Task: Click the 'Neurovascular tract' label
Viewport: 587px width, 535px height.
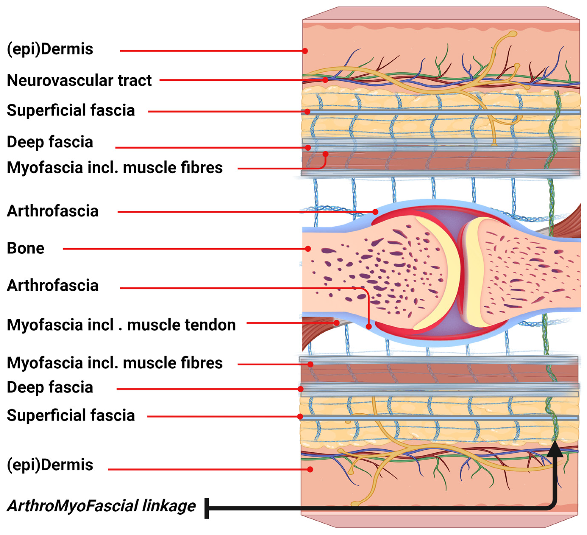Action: (x=79, y=80)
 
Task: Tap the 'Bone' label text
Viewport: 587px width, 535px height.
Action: (x=26, y=248)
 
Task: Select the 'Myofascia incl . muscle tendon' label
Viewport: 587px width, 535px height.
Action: (x=121, y=325)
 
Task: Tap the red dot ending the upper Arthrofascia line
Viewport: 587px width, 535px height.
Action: (x=376, y=212)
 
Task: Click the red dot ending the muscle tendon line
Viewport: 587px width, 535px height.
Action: (x=337, y=323)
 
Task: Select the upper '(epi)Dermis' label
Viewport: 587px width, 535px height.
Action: (x=50, y=49)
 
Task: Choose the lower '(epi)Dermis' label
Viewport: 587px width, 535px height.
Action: (x=50, y=465)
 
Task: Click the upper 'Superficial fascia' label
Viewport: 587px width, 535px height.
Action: (x=71, y=110)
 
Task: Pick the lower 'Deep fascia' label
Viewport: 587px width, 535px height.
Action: (x=50, y=387)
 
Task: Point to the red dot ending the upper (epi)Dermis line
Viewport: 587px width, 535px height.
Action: (x=305, y=51)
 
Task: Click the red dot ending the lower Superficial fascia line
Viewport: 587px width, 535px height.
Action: (x=300, y=417)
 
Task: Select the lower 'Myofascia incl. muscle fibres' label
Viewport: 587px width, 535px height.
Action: (x=115, y=363)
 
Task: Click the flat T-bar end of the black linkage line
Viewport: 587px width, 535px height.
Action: (x=207, y=508)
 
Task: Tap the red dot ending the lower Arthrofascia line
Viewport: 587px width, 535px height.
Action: (x=369, y=327)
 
